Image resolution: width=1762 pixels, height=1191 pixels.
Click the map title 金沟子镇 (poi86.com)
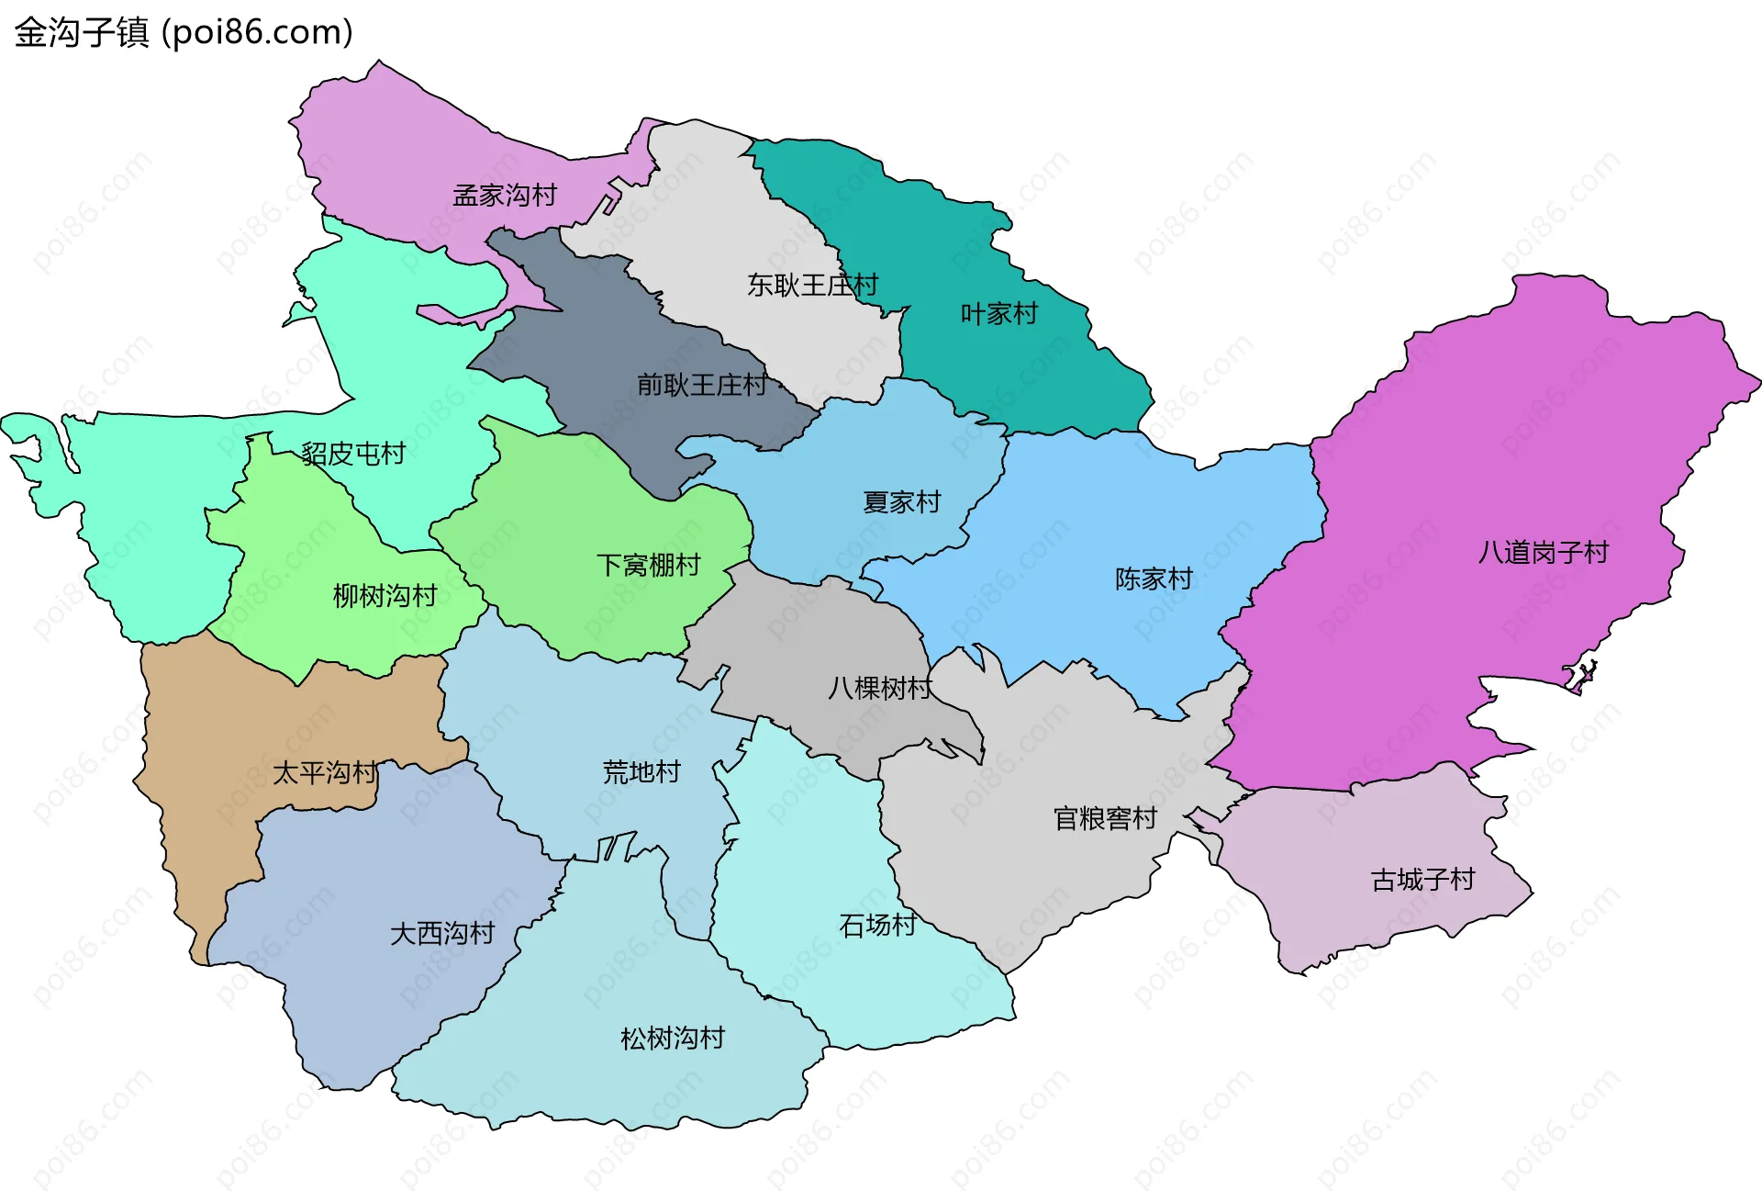[184, 32]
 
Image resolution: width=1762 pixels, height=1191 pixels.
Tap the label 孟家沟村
[505, 196]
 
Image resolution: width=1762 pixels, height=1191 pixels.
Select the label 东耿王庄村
[812, 286]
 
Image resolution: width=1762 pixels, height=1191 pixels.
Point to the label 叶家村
[998, 314]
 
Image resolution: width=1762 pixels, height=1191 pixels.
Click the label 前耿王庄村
[702, 385]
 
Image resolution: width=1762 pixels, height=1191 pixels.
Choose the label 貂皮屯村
[353, 454]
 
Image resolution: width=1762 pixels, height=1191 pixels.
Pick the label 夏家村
[901, 502]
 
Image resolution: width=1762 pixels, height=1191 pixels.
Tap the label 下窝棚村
[648, 565]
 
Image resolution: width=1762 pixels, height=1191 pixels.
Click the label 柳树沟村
[385, 596]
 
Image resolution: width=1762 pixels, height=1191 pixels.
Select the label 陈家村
[1154, 579]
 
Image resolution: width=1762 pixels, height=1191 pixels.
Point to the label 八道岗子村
[1543, 553]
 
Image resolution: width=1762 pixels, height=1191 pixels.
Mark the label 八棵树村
[879, 688]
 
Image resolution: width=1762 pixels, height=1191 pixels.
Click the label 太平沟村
[324, 773]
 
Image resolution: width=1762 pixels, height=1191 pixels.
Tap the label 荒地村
[641, 772]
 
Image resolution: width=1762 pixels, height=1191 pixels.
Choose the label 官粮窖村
[1105, 818]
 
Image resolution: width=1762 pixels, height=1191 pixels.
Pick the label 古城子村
[1422, 880]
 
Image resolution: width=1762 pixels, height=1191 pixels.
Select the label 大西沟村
[442, 934]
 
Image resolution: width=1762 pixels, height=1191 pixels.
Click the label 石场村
[877, 925]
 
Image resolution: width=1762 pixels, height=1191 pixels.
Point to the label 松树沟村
[673, 1039]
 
